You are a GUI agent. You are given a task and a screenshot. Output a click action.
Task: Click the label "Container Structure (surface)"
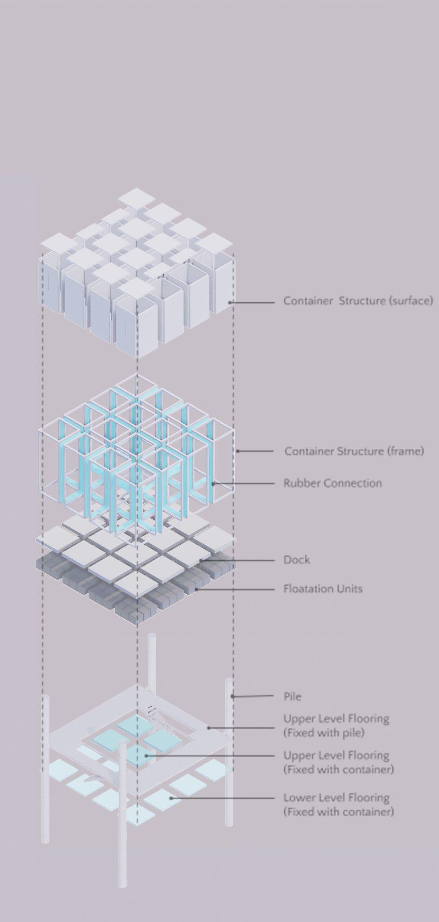click(358, 300)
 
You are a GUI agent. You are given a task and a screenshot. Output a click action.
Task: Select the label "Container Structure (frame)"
click(354, 451)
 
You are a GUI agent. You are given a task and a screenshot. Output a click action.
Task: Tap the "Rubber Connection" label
click(332, 483)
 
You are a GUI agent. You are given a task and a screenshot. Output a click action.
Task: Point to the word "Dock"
click(296, 560)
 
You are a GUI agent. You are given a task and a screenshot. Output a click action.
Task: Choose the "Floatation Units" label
click(323, 588)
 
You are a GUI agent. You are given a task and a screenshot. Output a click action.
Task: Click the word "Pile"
click(292, 696)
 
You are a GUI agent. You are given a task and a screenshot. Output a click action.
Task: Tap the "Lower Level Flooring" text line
click(336, 797)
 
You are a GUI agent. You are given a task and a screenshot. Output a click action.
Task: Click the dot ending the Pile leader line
click(232, 696)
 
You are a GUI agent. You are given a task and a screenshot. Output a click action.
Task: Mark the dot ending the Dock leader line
click(202, 560)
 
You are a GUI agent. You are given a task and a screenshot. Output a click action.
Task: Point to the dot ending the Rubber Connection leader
click(213, 483)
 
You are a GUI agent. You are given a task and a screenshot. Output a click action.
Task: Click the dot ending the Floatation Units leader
click(197, 589)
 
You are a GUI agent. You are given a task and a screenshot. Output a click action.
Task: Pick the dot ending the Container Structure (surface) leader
click(230, 303)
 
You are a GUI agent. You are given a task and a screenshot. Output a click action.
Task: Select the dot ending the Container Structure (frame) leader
click(238, 451)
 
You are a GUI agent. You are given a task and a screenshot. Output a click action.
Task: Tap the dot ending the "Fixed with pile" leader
click(208, 728)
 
